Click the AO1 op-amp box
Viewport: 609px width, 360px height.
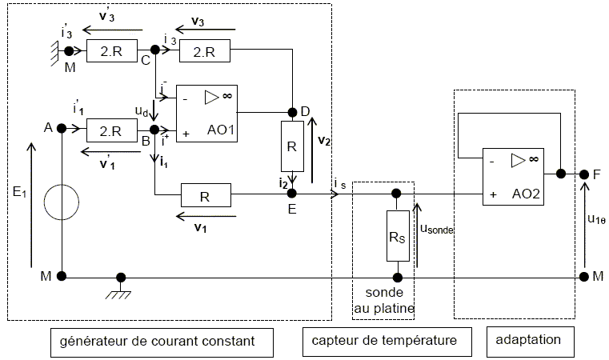[206, 114]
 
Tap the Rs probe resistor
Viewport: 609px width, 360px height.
[396, 235]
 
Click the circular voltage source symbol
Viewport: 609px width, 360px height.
[62, 203]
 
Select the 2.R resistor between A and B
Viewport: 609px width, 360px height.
[108, 131]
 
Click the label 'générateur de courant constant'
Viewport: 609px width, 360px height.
[157, 342]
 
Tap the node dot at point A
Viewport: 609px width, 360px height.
[62, 131]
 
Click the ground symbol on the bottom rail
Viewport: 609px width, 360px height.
[122, 286]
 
